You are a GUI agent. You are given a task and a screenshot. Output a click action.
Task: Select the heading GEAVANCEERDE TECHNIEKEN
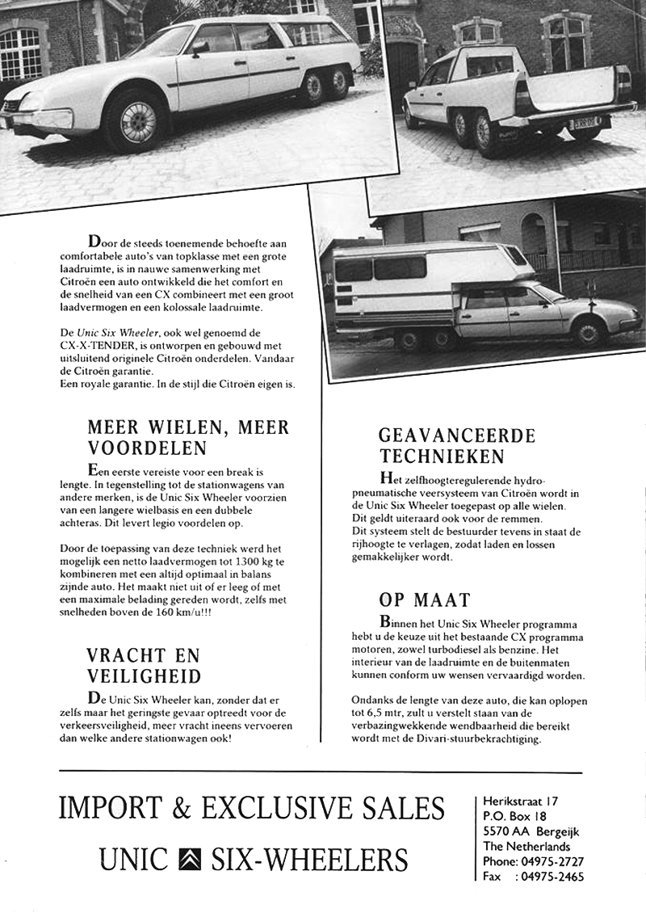(457, 446)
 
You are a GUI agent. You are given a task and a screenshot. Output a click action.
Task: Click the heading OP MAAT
(424, 600)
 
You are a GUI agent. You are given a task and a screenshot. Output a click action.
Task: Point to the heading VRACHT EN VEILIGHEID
(144, 665)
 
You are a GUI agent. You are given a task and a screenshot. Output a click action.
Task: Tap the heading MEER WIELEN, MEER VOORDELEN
(187, 437)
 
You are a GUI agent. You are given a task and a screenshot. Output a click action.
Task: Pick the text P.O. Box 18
(515, 817)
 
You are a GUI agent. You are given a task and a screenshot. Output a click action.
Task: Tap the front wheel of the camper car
(586, 331)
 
